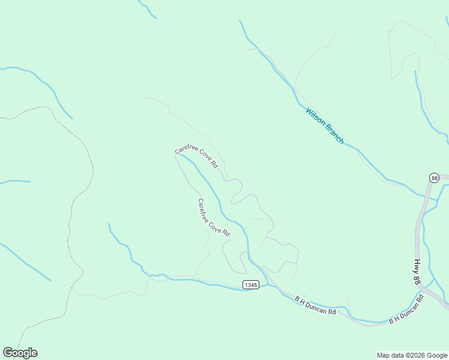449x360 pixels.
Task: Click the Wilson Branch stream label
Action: [x=325, y=125]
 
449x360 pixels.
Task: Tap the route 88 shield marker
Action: [x=435, y=178]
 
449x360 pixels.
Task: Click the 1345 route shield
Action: [x=251, y=284]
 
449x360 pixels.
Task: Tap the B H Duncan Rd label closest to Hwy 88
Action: [x=406, y=309]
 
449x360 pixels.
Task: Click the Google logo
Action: [x=20, y=353]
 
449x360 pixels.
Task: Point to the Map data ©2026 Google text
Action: [x=412, y=355]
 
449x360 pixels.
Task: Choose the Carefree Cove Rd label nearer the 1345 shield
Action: [x=214, y=217]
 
